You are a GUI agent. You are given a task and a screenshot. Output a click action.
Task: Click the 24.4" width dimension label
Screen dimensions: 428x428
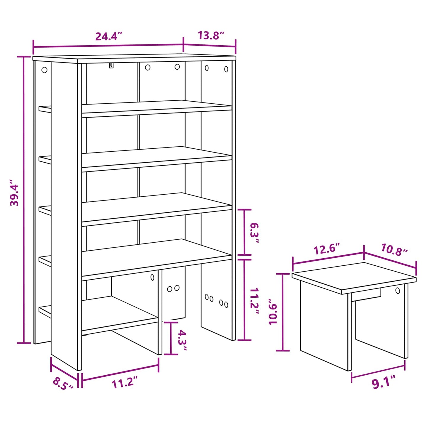108,36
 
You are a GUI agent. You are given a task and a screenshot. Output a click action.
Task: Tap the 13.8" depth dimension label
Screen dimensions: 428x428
211,36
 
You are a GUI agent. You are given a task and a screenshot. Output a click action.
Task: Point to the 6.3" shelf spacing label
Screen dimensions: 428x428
254,233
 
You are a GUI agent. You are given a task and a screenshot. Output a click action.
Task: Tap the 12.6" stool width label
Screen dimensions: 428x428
327,249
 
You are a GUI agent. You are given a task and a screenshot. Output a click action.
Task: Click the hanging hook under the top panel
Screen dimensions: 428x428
111,65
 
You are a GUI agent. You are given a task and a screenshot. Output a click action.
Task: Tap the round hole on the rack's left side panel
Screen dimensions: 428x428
44,70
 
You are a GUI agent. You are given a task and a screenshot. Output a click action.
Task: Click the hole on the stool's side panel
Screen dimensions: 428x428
397,291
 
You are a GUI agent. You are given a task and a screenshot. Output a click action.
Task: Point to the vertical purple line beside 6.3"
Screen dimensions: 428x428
244,232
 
